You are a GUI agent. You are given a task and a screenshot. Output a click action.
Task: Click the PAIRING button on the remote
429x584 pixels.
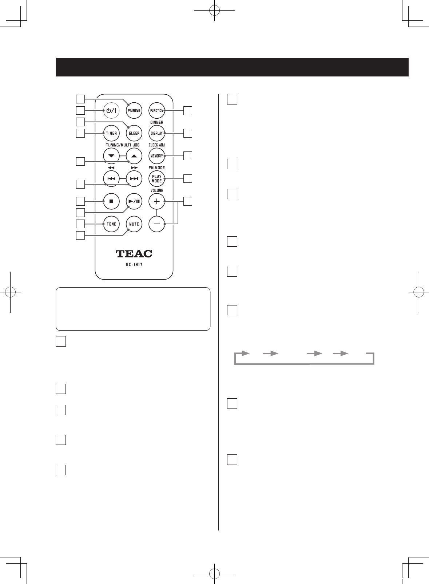134,110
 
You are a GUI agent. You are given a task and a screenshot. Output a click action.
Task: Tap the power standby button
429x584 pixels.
111,110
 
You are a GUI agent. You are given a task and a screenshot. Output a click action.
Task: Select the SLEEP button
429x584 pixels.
134,133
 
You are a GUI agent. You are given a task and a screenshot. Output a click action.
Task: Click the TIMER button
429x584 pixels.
111,133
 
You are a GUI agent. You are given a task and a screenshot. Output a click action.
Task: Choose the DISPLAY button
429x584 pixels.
157,133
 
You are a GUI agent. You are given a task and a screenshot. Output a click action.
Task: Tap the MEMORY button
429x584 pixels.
157,156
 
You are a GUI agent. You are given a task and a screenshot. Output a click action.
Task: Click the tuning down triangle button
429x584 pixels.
111,156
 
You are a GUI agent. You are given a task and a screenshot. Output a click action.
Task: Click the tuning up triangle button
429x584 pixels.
134,156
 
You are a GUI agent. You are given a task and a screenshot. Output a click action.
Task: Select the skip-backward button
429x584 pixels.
111,178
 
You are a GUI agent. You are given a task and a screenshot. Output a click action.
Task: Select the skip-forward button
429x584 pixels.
134,178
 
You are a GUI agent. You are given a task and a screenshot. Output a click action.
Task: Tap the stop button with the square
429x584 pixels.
111,201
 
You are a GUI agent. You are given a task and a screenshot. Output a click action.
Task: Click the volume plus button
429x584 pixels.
157,201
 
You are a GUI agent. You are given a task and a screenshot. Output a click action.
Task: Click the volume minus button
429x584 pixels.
157,224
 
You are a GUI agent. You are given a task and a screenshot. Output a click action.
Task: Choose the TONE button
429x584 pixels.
111,224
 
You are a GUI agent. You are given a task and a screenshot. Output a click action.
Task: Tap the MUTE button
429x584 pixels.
134,224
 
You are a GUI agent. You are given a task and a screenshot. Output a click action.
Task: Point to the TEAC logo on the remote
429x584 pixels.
134,254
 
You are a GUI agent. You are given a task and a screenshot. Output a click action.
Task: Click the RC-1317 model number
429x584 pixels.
134,265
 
